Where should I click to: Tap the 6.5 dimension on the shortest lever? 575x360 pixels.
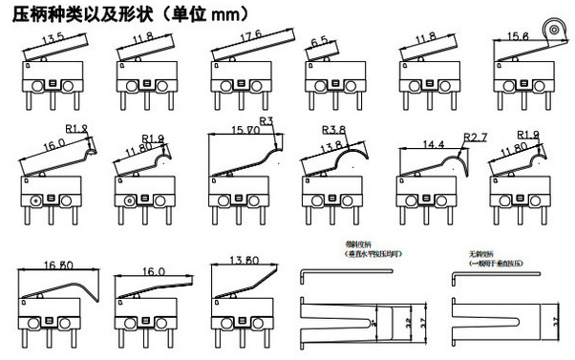321,41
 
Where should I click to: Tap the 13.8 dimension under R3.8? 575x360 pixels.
330,146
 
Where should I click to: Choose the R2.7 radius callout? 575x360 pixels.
475,138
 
